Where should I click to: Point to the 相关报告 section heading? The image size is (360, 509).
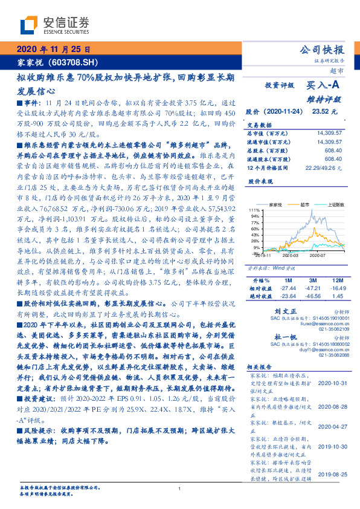[260, 367]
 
